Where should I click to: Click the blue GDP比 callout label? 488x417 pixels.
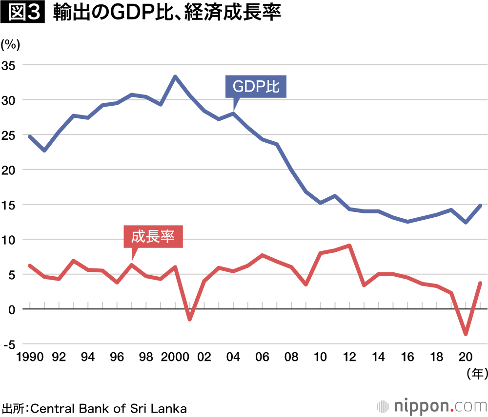256,87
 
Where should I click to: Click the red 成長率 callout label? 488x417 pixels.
153,237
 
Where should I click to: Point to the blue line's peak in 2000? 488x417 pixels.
175,76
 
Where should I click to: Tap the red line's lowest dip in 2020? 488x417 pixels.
466,334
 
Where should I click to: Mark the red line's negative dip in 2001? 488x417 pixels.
190,319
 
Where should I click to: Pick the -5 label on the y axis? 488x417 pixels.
8,344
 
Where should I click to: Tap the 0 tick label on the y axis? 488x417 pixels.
11,309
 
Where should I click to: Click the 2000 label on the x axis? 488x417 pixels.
174,357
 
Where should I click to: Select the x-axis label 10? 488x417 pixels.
321,357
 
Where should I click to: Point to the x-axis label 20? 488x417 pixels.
466,357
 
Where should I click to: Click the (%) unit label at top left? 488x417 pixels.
10,45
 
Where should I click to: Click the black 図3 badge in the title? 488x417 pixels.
22,13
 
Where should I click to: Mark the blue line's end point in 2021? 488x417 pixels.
480,206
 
